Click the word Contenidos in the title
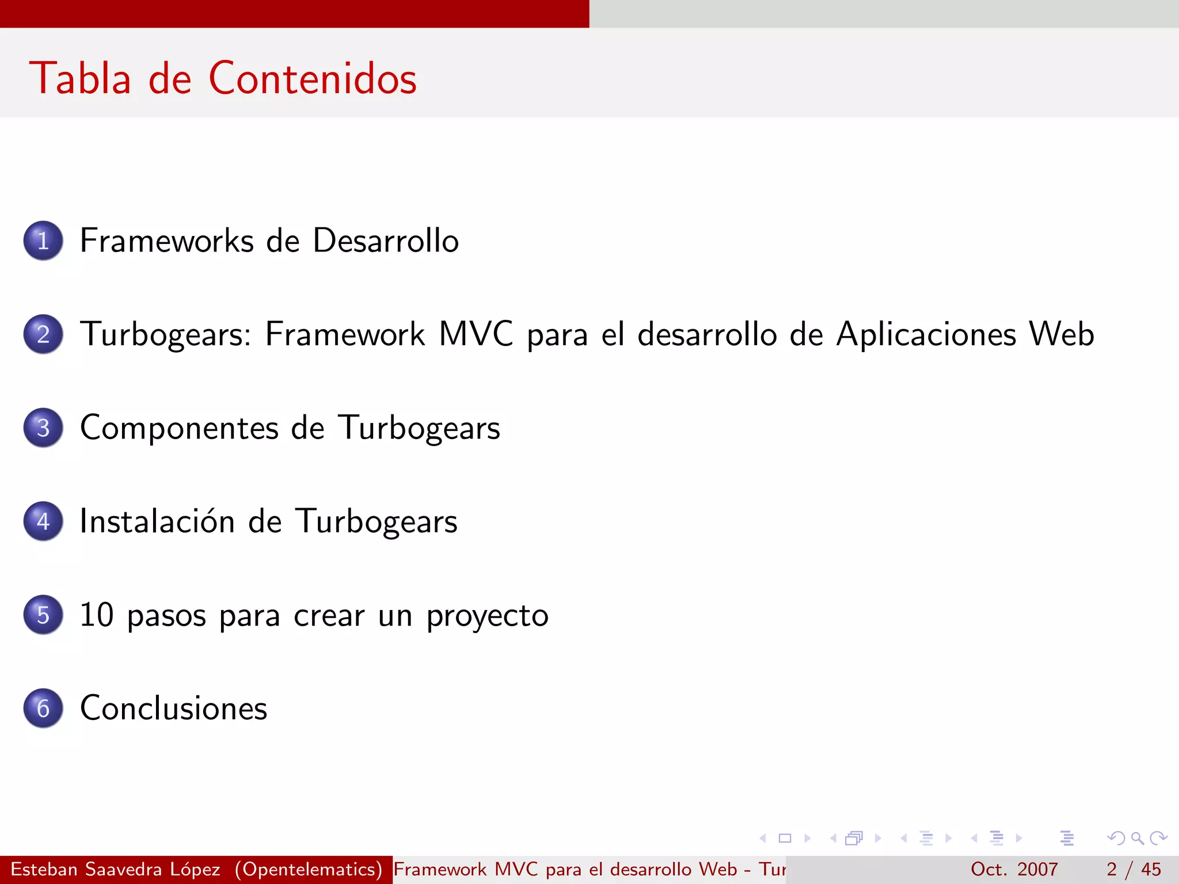[313, 78]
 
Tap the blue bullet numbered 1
[43, 241]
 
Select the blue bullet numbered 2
[43, 334]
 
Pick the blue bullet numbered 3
[43, 428]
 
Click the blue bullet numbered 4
[43, 521]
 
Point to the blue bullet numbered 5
[43, 615]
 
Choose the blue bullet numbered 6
[43, 708]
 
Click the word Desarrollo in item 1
[386, 241]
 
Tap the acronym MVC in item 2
[476, 334]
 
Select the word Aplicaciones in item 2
[926, 334]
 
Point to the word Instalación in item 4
[157, 521]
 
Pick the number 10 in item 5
[97, 615]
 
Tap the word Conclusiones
[174, 708]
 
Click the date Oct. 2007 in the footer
[1014, 869]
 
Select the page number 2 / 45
[1133, 869]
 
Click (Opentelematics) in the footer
[309, 869]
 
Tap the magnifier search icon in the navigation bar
[1137, 838]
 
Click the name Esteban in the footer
[44, 869]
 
